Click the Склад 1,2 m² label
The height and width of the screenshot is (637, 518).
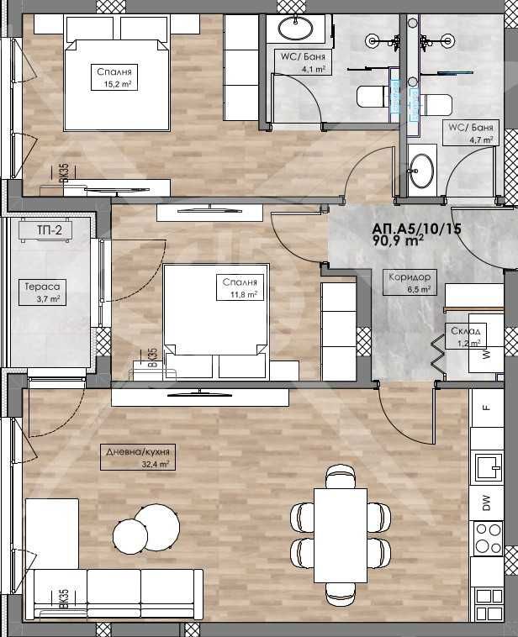pos(465,336)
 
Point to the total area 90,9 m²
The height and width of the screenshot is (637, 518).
pos(398,240)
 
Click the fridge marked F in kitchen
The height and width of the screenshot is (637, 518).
pos(486,409)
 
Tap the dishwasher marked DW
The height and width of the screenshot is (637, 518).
pos(486,503)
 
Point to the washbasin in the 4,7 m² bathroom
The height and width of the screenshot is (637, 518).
pos(422,169)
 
